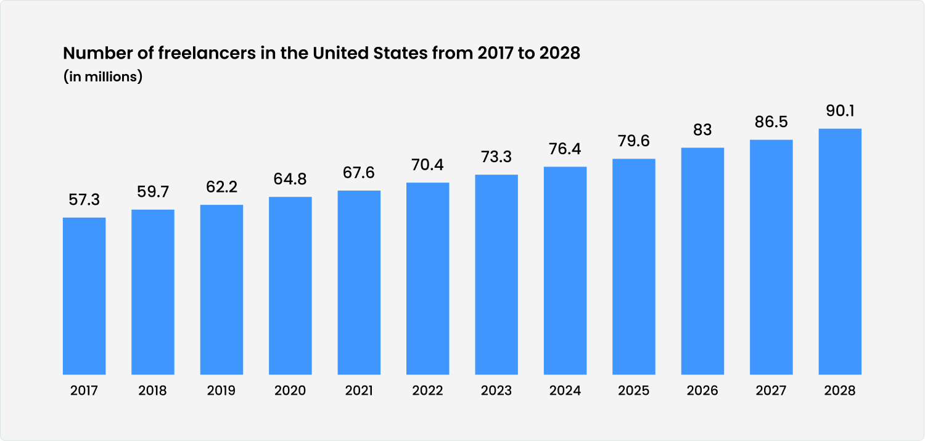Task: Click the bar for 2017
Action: click(84, 296)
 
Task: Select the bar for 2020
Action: click(290, 286)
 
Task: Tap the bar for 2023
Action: click(496, 274)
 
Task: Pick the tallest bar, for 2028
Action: click(840, 252)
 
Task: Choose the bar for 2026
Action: click(702, 261)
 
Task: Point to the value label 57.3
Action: click(84, 200)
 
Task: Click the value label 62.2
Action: click(222, 187)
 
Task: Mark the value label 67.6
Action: click(359, 173)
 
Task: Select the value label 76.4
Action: click(565, 149)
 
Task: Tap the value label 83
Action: click(702, 130)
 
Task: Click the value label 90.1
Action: click(840, 111)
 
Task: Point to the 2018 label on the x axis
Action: click(153, 391)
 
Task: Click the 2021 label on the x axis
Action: click(359, 391)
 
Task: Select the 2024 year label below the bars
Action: click(565, 391)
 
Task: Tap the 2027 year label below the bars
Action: click(771, 391)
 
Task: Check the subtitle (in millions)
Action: click(103, 77)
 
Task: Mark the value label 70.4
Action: click(428, 165)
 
